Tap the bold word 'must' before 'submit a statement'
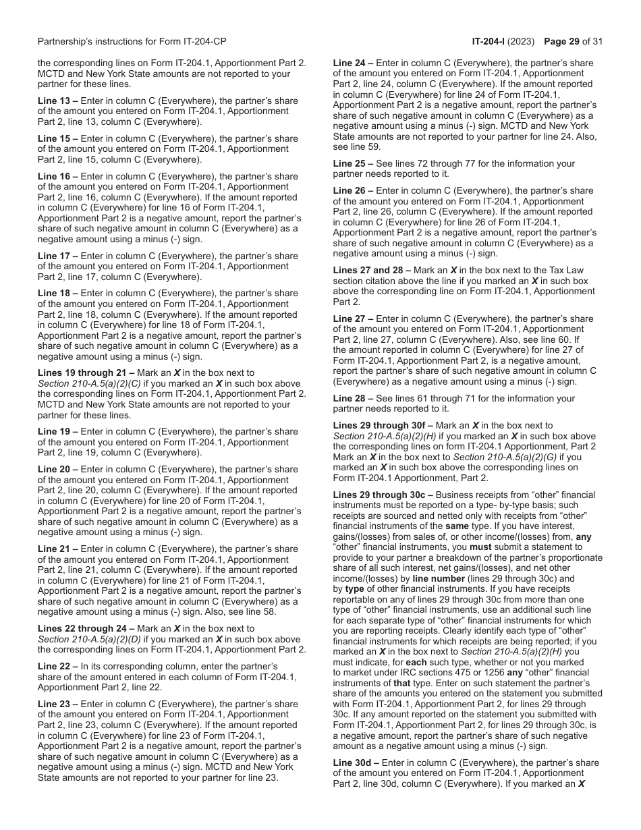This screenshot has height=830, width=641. [x=481, y=547]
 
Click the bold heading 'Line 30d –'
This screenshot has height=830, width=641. [x=356, y=763]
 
